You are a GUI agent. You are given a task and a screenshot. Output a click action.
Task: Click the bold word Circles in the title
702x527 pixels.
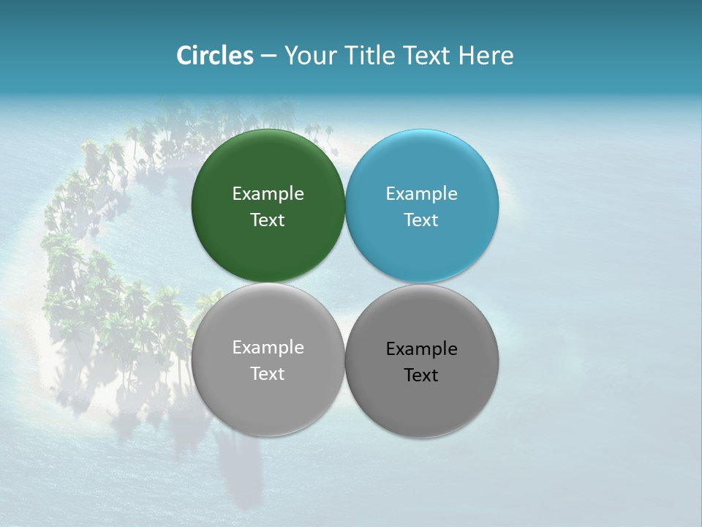215,56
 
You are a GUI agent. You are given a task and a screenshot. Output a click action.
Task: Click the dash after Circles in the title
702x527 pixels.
268,56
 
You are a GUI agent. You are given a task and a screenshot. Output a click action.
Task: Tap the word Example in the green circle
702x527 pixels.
268,194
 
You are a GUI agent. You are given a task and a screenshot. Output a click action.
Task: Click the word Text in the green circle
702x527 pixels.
268,220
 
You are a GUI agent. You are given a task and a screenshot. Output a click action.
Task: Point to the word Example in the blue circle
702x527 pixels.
421,194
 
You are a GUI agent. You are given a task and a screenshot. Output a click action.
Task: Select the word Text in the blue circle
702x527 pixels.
421,220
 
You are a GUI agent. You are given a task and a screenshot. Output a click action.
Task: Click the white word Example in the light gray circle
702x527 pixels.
268,348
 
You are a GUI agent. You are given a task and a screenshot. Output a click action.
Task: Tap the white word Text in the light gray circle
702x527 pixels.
268,374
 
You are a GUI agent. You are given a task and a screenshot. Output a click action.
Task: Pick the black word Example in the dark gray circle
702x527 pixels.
421,349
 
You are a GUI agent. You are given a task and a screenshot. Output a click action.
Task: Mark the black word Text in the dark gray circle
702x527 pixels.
421,375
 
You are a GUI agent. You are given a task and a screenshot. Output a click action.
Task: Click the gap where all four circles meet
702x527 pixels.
345,283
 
